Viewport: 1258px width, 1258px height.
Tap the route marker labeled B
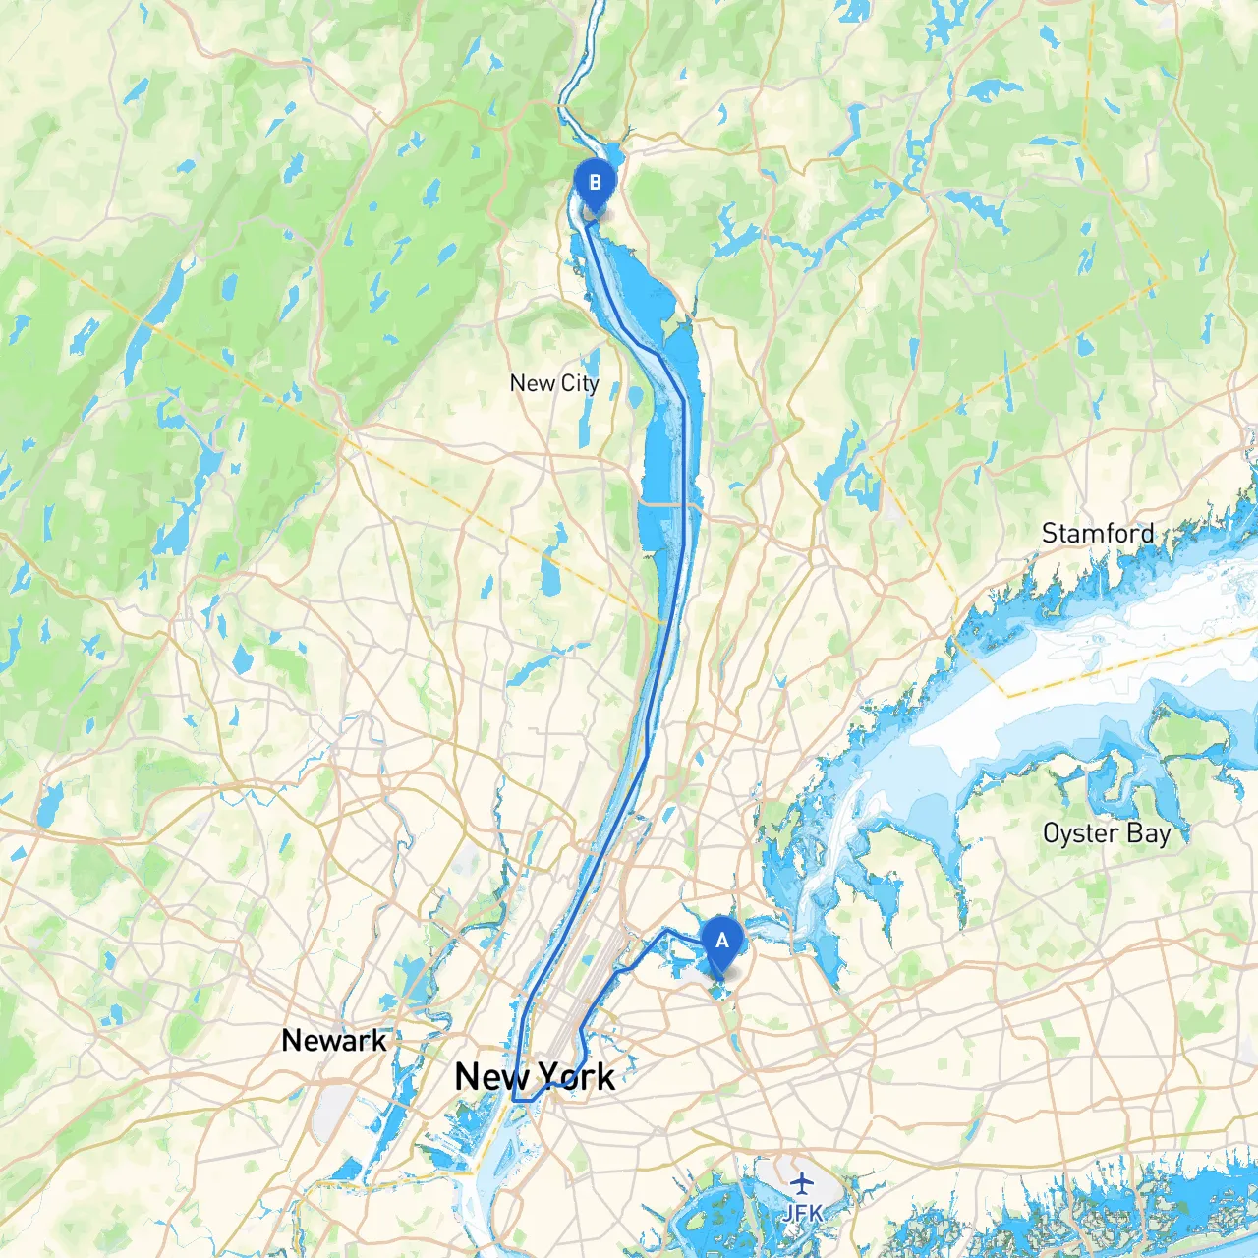[594, 184]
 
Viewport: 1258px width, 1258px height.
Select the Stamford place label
[1097, 534]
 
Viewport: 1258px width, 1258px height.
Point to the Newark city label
[334, 1040]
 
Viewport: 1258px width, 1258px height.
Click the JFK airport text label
[802, 1214]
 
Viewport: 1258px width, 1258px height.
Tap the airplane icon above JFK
[803, 1182]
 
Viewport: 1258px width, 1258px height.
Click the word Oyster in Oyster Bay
[1080, 834]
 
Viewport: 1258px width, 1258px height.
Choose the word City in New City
[579, 384]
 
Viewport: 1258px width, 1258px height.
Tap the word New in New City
[532, 383]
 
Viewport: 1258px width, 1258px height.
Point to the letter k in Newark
[379, 1040]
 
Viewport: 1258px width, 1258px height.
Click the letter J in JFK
[788, 1214]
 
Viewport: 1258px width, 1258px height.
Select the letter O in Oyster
[1051, 834]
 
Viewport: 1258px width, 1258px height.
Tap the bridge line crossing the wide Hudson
[668, 504]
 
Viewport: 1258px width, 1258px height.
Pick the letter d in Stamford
[1147, 534]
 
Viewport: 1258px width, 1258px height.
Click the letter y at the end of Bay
[1164, 836]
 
